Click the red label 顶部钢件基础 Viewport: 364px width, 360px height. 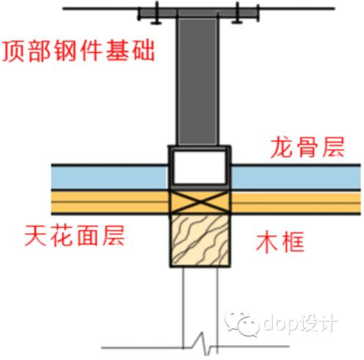79,51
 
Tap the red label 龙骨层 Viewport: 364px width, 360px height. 307,148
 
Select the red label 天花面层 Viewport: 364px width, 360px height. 74,235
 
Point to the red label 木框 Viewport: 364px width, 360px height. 280,241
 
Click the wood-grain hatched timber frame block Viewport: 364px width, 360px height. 200,240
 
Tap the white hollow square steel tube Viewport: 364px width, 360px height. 200,167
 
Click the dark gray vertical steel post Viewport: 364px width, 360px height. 197,81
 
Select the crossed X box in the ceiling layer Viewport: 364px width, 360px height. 200,202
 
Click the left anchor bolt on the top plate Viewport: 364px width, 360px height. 156,13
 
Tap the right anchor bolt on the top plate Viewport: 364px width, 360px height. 237,13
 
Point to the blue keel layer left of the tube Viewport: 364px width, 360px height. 110,177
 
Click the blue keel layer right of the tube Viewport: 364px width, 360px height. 296,178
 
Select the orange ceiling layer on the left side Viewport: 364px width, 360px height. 110,202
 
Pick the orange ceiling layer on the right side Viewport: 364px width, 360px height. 295,202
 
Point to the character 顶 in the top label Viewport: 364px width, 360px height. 14,51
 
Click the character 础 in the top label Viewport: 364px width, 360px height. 144,51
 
